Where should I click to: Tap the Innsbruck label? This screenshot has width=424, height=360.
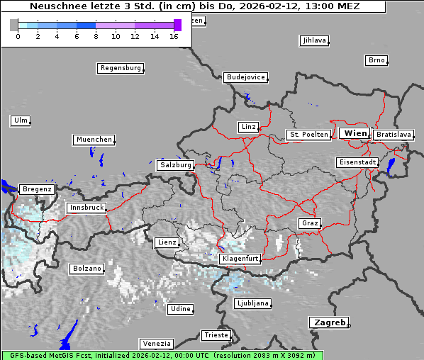(87, 208)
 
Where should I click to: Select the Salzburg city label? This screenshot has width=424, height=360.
(175, 165)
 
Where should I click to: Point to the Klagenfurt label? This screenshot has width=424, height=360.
(240, 259)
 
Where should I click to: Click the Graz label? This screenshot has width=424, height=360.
(309, 223)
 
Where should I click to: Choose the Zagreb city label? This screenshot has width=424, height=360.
(328, 322)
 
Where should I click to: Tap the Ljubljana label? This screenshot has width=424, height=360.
(252, 303)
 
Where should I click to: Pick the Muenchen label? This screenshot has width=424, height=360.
(94, 140)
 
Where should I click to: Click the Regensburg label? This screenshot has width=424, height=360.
(120, 69)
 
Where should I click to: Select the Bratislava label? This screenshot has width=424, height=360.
(393, 135)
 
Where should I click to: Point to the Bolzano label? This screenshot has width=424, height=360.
(87, 269)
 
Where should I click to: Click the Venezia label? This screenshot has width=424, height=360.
(155, 343)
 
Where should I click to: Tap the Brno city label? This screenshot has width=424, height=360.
(376, 60)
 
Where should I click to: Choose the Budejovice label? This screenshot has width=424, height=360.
(245, 77)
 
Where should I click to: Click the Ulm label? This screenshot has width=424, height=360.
(20, 120)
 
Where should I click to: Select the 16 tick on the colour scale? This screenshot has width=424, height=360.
(174, 36)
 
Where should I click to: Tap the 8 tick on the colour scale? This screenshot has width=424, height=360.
(96, 36)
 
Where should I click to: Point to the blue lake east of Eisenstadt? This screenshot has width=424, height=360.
(391, 166)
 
